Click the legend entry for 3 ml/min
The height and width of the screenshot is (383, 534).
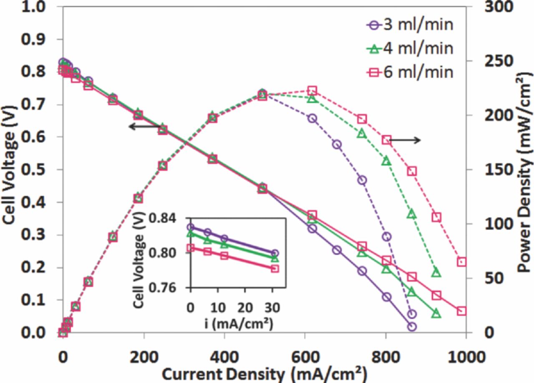[x=411, y=25]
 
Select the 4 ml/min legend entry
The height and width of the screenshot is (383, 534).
[x=411, y=48]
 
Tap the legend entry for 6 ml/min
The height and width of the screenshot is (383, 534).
[x=411, y=72]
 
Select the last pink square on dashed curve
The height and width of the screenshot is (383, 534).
[x=461, y=262]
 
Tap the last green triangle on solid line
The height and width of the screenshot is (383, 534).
[x=436, y=313]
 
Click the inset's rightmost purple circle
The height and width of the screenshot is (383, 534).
[x=275, y=253]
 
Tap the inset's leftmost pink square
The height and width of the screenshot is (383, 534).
[x=190, y=248]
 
